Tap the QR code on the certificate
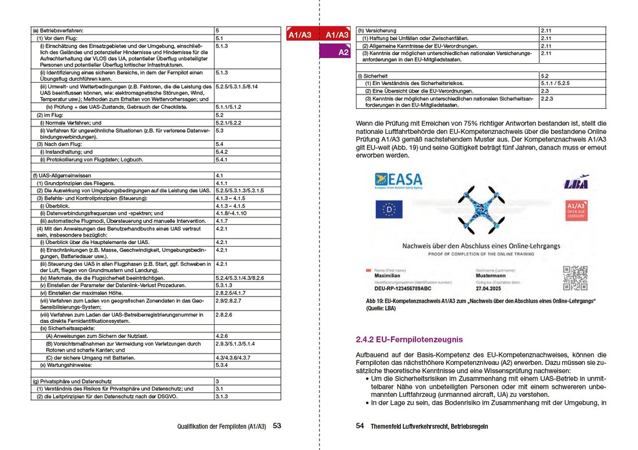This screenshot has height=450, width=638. point(575,278)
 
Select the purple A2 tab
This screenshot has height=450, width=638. point(343,53)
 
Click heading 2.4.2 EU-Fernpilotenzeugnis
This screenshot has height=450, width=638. point(409,340)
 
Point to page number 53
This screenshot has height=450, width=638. point(276,426)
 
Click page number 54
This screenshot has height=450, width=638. point(360,426)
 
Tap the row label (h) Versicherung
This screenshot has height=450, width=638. point(377,30)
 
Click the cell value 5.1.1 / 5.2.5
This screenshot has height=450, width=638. point(555,83)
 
